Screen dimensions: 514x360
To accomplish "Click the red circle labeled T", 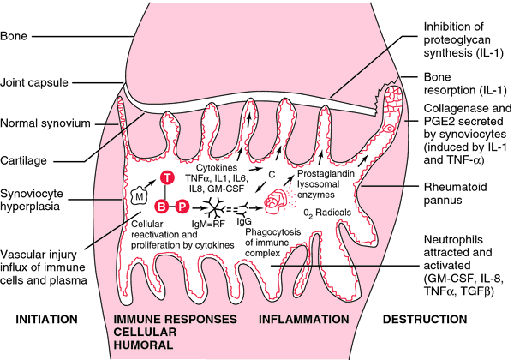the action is (167, 177).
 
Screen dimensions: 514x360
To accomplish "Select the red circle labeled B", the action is (162, 207).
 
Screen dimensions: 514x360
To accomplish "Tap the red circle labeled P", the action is (182, 207).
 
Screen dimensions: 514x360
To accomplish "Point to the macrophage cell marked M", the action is (140, 196).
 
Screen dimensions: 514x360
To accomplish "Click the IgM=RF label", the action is (208, 224).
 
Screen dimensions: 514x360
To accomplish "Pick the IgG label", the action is (244, 222).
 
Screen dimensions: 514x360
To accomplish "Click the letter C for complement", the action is (272, 175).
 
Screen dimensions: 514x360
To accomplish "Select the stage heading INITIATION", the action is (46, 319).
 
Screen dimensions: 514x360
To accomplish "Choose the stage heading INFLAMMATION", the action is (304, 319).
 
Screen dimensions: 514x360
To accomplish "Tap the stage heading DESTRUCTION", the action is (425, 319).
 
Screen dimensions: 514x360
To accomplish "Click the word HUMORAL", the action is (143, 345).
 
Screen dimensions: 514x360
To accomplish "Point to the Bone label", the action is (14, 36).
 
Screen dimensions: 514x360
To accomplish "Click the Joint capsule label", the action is (34, 82).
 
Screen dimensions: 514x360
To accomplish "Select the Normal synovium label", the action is (45, 123).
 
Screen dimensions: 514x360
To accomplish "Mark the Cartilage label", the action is (23, 160).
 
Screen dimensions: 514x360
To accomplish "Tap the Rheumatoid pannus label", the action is (456, 194).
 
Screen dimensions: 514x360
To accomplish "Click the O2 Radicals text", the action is (327, 213).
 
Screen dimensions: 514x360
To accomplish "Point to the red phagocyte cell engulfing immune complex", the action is (275, 201).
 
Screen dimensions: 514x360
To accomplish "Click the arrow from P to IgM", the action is (198, 207).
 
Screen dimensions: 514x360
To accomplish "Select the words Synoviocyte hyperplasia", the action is (32, 200).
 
